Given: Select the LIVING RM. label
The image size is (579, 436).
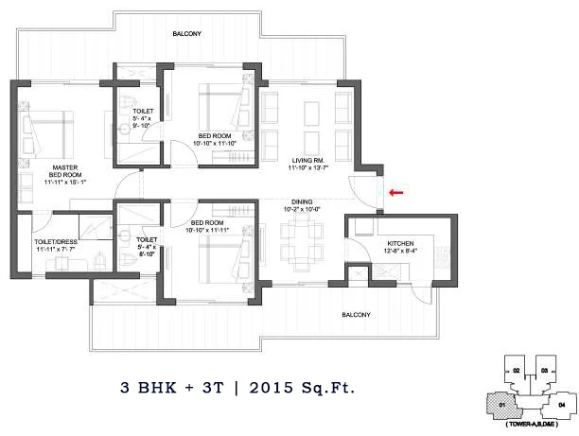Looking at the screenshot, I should (308, 163).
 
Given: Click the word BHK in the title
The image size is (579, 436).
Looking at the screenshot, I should (156, 388).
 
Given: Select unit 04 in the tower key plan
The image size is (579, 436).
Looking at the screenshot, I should (562, 404).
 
